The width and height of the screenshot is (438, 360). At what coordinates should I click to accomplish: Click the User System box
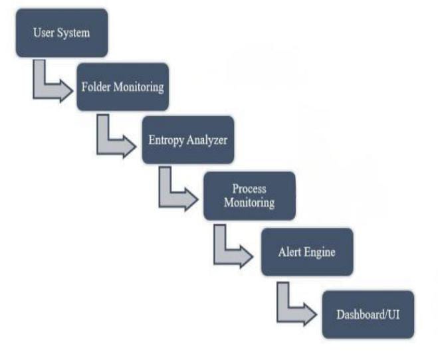pyautogui.click(x=61, y=33)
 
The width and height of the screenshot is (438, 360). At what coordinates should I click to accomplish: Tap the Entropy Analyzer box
pyautogui.click(x=187, y=139)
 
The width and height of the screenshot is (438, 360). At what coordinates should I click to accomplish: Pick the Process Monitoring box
pyautogui.click(x=249, y=195)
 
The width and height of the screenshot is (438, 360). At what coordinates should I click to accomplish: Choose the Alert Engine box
pyautogui.click(x=306, y=252)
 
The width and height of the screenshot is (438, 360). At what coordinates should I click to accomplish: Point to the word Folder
pyautogui.click(x=95, y=87)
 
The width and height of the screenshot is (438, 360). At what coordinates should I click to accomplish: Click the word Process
pyautogui.click(x=249, y=189)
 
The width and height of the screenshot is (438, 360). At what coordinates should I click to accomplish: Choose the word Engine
pyautogui.click(x=321, y=252)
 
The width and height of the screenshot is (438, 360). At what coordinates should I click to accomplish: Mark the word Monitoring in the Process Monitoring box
pyautogui.click(x=249, y=202)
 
